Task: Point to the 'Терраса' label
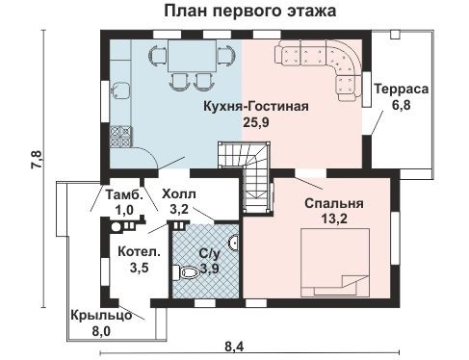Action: click(x=403, y=89)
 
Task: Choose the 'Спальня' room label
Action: click(x=334, y=203)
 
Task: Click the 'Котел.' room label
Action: click(x=132, y=252)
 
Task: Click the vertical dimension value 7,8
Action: click(x=35, y=160)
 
